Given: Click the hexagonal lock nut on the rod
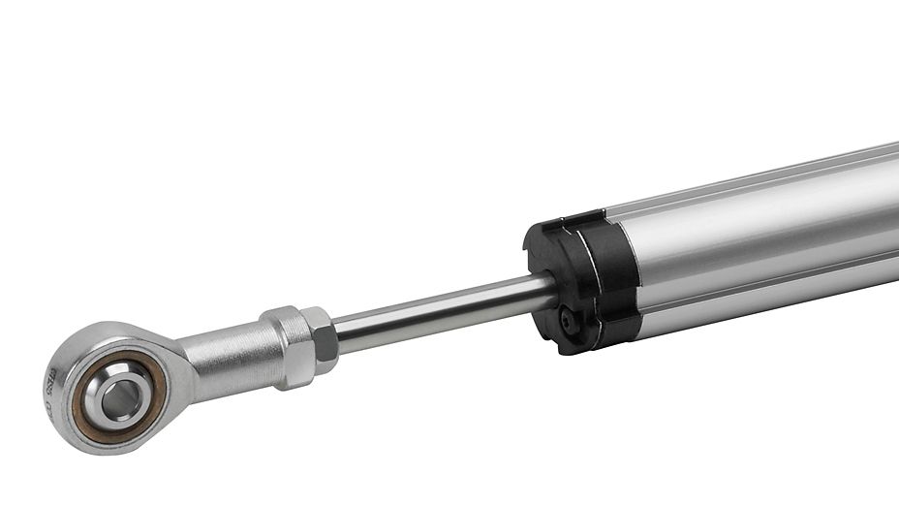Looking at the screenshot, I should click(x=316, y=340).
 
